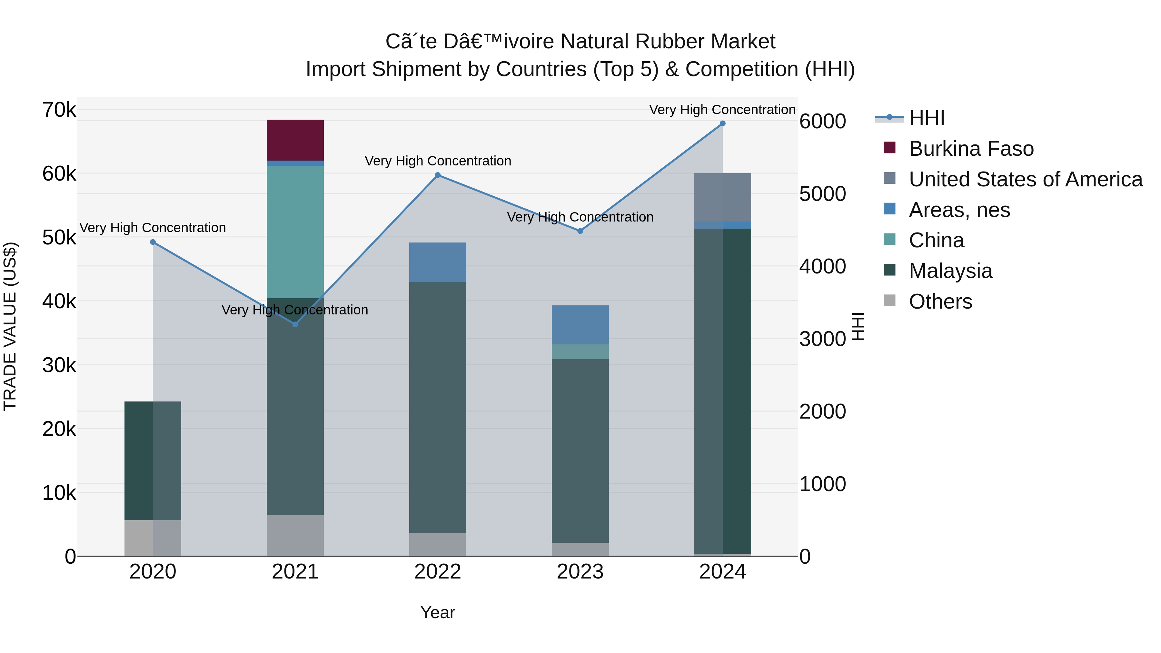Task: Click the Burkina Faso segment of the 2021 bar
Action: point(295,140)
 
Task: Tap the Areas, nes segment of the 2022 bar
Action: point(437,262)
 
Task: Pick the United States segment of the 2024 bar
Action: point(722,197)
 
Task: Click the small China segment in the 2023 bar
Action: point(580,351)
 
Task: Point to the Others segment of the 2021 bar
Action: point(295,535)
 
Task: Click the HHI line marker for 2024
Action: point(722,124)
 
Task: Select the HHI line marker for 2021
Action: point(295,324)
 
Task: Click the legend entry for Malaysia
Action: point(950,271)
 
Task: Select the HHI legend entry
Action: point(926,118)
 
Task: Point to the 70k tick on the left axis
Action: point(59,110)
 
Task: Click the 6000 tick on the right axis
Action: point(822,121)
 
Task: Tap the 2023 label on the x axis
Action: point(580,572)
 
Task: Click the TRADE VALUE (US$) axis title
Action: point(10,326)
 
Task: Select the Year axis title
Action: point(437,612)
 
